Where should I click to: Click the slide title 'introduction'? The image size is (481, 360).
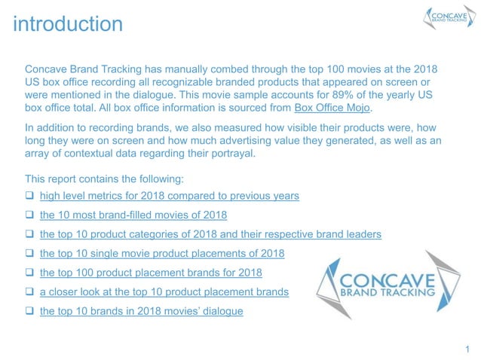point(67,24)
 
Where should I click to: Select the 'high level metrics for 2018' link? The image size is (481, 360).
point(169,196)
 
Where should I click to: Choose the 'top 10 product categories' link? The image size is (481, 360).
point(210,234)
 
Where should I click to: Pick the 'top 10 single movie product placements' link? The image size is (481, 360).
point(162,253)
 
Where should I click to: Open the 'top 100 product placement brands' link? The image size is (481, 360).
point(151,273)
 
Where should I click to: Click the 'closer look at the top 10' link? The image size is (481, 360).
point(164,291)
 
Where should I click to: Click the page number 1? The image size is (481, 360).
point(467,348)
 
